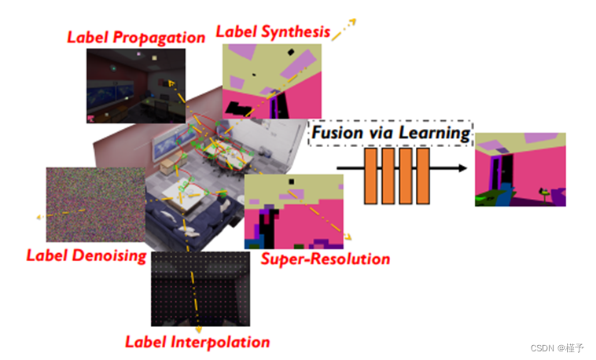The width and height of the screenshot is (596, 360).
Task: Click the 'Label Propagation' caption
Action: (x=136, y=37)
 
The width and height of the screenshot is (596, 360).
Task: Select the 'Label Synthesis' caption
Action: (x=273, y=32)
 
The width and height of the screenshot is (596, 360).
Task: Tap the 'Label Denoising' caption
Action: (x=86, y=255)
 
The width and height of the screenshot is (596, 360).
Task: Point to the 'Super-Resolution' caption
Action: (x=325, y=259)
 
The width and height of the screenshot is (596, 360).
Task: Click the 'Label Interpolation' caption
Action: (x=197, y=342)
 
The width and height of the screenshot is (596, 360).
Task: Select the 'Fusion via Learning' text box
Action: (x=390, y=133)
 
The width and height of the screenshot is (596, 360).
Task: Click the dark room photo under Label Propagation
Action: (x=136, y=85)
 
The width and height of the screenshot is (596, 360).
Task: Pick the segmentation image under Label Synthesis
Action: (x=272, y=80)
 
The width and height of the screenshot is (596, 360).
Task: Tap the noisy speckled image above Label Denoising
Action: (x=95, y=204)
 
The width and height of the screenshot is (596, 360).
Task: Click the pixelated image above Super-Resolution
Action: (x=294, y=206)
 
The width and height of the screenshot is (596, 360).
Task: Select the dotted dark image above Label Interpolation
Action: (x=201, y=288)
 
